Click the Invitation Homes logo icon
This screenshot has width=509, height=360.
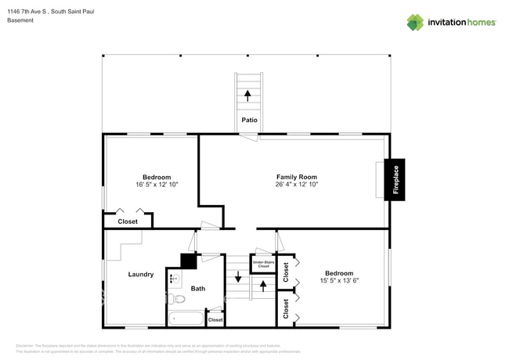coord(415,23)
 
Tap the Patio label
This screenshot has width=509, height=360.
coord(249,121)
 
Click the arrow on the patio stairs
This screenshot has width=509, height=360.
coord(248,95)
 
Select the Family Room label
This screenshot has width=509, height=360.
coord(296,177)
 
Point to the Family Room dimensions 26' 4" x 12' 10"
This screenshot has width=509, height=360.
coord(296,185)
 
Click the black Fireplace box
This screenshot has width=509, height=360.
coord(395,180)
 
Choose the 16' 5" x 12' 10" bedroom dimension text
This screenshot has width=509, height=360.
coord(157,185)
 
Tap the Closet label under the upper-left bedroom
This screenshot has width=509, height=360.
coord(128,221)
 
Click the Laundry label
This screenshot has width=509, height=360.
coord(141,274)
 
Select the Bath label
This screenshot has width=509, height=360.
coord(198,289)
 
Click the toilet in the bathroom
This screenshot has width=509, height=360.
coord(179,299)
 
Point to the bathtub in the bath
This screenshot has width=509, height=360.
coord(186,319)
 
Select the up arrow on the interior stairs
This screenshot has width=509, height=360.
coord(263,286)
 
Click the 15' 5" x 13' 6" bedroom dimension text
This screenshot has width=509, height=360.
coord(339,281)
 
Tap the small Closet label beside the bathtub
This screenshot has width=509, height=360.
coord(215,319)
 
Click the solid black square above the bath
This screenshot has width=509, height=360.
coord(188,261)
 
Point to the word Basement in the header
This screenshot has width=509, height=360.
coord(20,20)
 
